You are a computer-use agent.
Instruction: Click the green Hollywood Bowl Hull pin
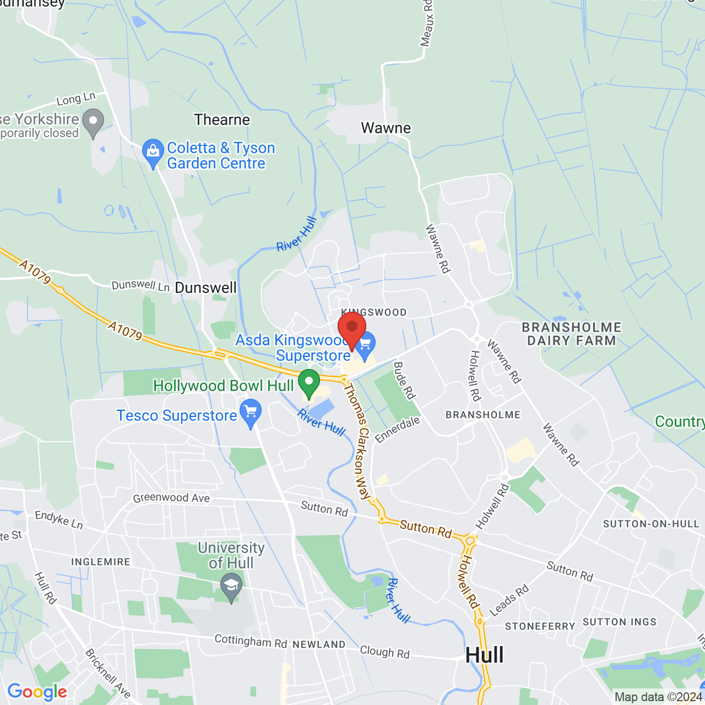pos(309,383)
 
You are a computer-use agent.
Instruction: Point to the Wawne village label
pos(386,128)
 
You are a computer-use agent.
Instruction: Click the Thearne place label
pos(222,120)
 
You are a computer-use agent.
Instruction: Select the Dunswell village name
pos(205,288)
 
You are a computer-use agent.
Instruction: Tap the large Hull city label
pos(485,655)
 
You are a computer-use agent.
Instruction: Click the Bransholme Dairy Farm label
pos(572,334)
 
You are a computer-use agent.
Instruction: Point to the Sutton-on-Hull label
pos(651,524)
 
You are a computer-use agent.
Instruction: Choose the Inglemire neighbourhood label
pos(101,562)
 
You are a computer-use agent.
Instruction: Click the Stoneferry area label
pos(540,626)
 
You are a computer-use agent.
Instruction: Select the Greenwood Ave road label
pos(171,498)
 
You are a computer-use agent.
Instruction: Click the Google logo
pos(37,692)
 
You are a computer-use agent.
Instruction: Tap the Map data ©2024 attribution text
pos(658,697)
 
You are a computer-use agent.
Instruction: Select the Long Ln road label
pos(76,99)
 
